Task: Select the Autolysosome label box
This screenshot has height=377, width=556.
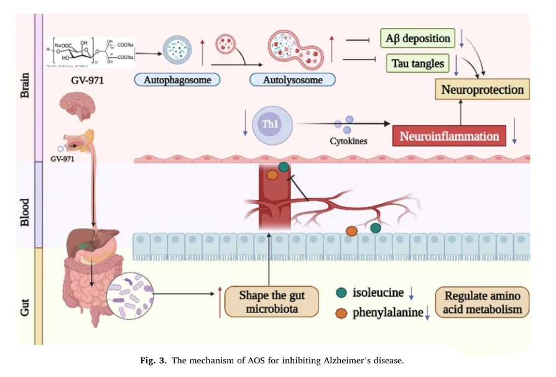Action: (x=292, y=80)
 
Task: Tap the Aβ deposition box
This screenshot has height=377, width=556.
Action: (x=417, y=38)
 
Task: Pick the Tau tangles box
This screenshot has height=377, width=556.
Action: (x=415, y=63)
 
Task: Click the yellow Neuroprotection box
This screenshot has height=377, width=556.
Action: (x=482, y=90)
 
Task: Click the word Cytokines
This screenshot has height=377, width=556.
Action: (x=348, y=141)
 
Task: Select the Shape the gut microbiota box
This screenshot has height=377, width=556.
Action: (x=271, y=300)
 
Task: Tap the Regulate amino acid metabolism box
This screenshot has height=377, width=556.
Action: (x=483, y=301)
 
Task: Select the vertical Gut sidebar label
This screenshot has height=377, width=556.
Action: (x=24, y=296)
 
